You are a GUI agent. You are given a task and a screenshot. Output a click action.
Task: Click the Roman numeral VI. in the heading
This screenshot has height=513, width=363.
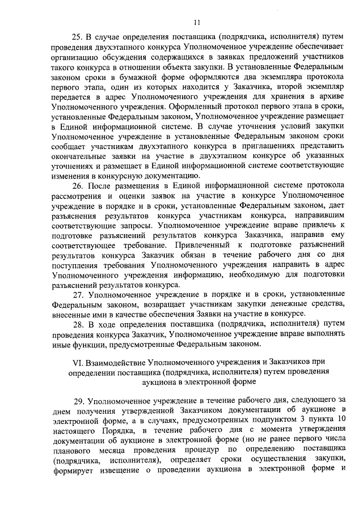[x=73, y=361]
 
